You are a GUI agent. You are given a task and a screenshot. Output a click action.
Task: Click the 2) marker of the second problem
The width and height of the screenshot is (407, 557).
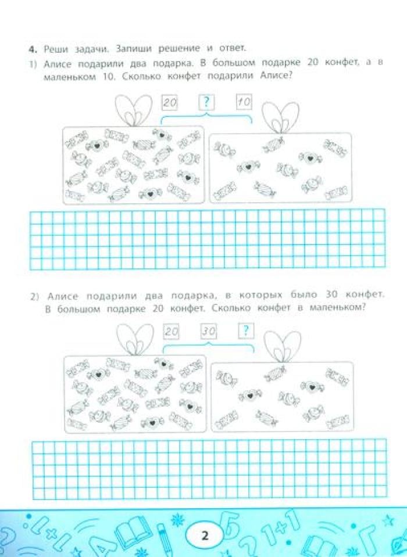pos(35,297)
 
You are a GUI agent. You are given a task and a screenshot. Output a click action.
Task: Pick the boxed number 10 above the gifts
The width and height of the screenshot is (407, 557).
pos(244,102)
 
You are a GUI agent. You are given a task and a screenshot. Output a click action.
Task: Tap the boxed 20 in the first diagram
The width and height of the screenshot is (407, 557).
pos(170,103)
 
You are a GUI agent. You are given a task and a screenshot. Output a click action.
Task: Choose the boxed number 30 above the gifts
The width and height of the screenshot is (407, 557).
pos(209,332)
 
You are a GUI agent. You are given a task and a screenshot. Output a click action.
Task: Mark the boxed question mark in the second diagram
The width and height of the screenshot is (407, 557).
pos(245,330)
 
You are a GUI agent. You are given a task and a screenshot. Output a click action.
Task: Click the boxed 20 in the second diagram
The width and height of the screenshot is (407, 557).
pos(172,332)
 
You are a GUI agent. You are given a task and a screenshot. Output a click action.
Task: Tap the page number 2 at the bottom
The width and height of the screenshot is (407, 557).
pos(205,536)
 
